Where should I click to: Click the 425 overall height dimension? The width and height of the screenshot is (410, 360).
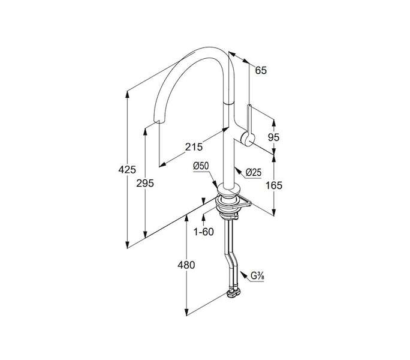click(127, 170)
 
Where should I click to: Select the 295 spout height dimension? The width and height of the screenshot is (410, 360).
click(145, 184)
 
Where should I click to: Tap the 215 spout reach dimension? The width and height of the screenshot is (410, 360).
click(194, 147)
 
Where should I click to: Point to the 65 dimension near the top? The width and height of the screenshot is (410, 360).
click(261, 70)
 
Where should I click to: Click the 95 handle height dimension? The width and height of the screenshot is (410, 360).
click(273, 137)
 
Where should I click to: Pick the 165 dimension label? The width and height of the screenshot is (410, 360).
click(274, 185)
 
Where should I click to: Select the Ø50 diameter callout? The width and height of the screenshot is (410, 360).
click(201, 166)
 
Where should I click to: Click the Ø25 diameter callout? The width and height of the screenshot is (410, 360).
click(254, 172)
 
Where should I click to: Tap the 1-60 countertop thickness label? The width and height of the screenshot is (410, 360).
click(203, 232)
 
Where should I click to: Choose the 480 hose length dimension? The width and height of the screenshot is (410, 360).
click(186, 265)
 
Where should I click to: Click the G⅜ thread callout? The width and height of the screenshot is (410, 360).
click(257, 276)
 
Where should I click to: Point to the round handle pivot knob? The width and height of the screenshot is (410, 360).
click(248, 139)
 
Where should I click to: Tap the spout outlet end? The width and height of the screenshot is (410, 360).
click(159, 121)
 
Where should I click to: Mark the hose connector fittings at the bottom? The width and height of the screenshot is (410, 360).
click(234, 293)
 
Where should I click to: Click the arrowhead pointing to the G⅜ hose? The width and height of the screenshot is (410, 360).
click(243, 275)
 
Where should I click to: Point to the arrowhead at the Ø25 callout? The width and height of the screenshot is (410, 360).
click(238, 170)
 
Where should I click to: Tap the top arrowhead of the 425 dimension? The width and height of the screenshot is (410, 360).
click(127, 94)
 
